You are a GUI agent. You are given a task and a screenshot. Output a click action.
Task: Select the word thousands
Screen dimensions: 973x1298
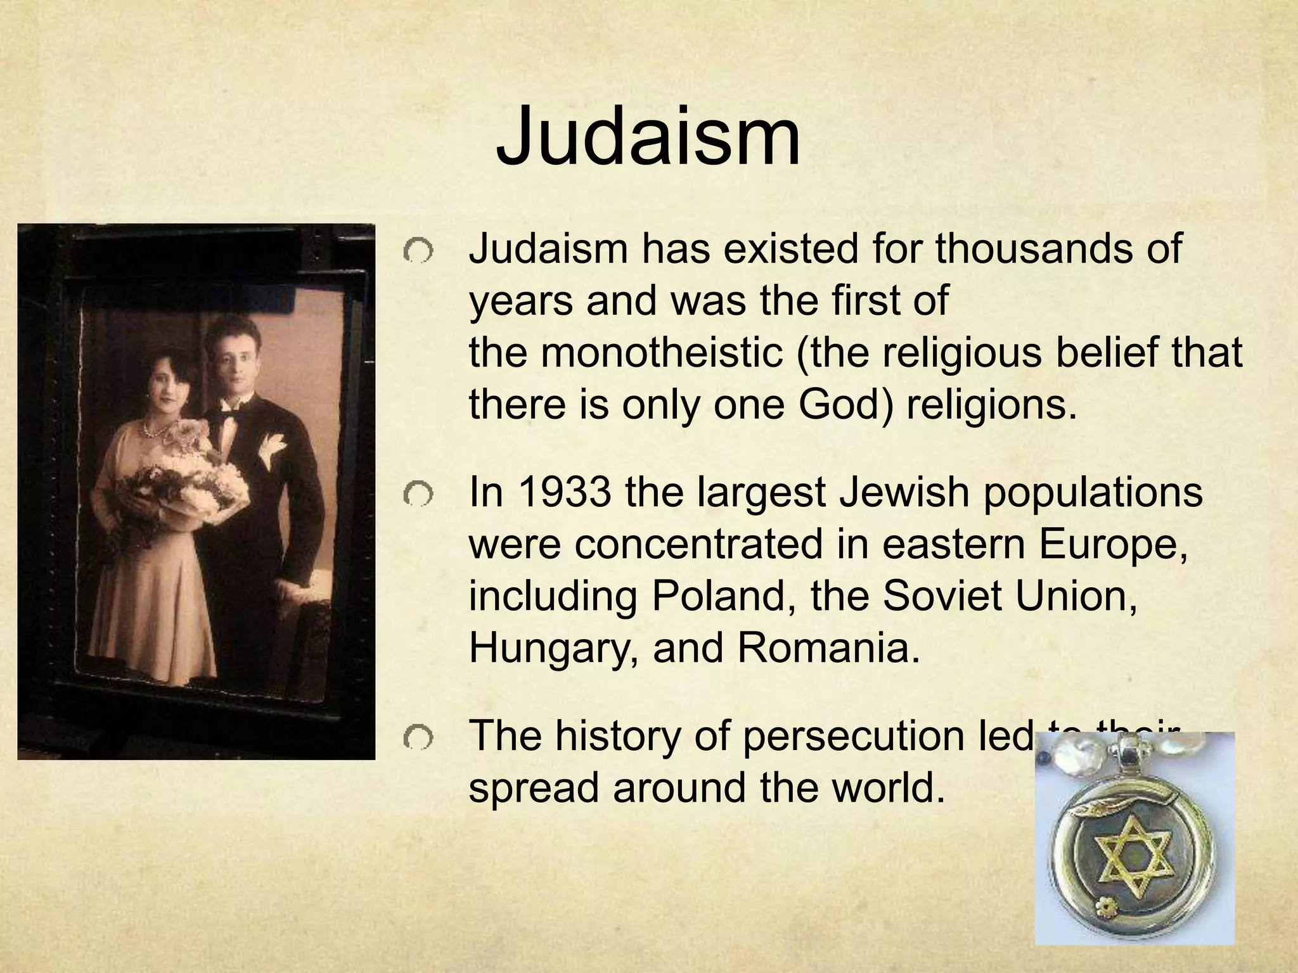[x=1039, y=248]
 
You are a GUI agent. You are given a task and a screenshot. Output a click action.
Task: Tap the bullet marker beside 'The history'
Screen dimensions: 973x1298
[x=419, y=737]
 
